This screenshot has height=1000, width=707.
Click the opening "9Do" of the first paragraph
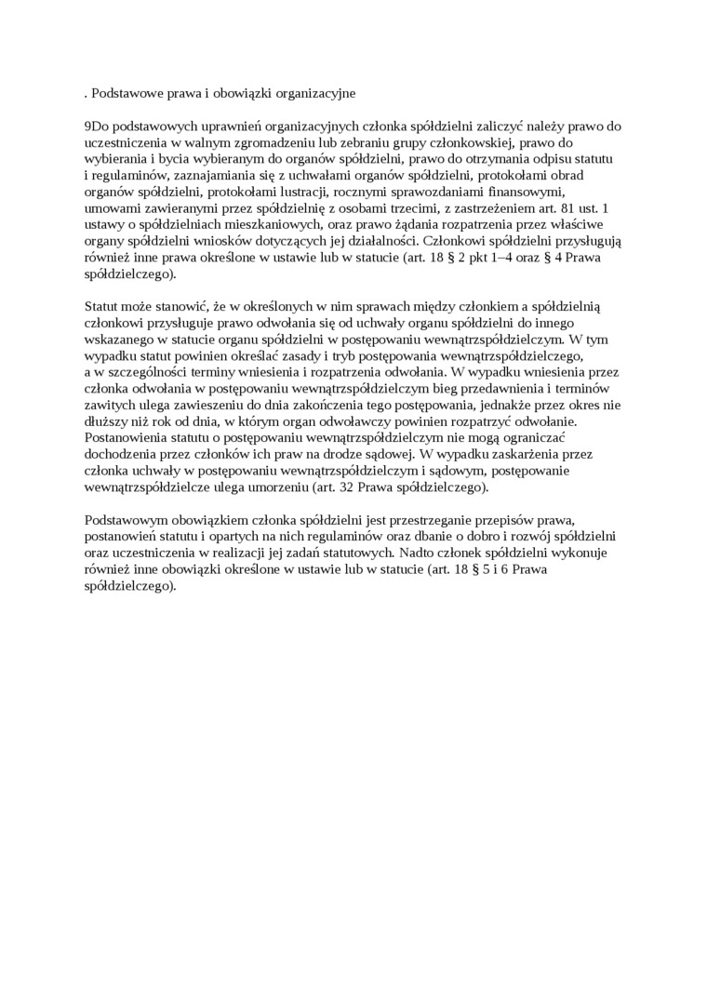95,125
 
